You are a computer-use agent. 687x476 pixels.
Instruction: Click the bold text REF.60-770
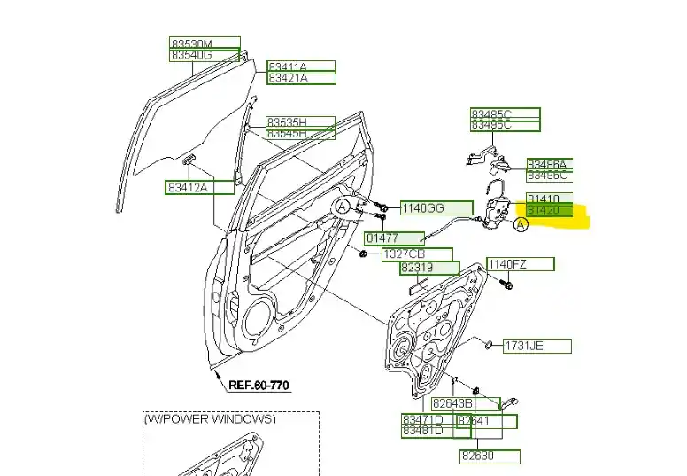[259, 386]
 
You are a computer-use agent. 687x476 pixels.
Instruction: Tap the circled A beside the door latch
[521, 225]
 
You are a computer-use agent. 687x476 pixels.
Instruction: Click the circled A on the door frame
[342, 207]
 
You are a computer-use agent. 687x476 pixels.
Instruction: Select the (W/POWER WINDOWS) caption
[211, 419]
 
